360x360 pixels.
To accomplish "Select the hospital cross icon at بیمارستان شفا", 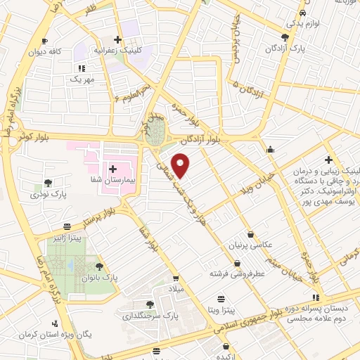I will (112, 169).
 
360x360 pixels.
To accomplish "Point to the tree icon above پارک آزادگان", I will (284, 37).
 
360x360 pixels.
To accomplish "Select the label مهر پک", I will (82, 80).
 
